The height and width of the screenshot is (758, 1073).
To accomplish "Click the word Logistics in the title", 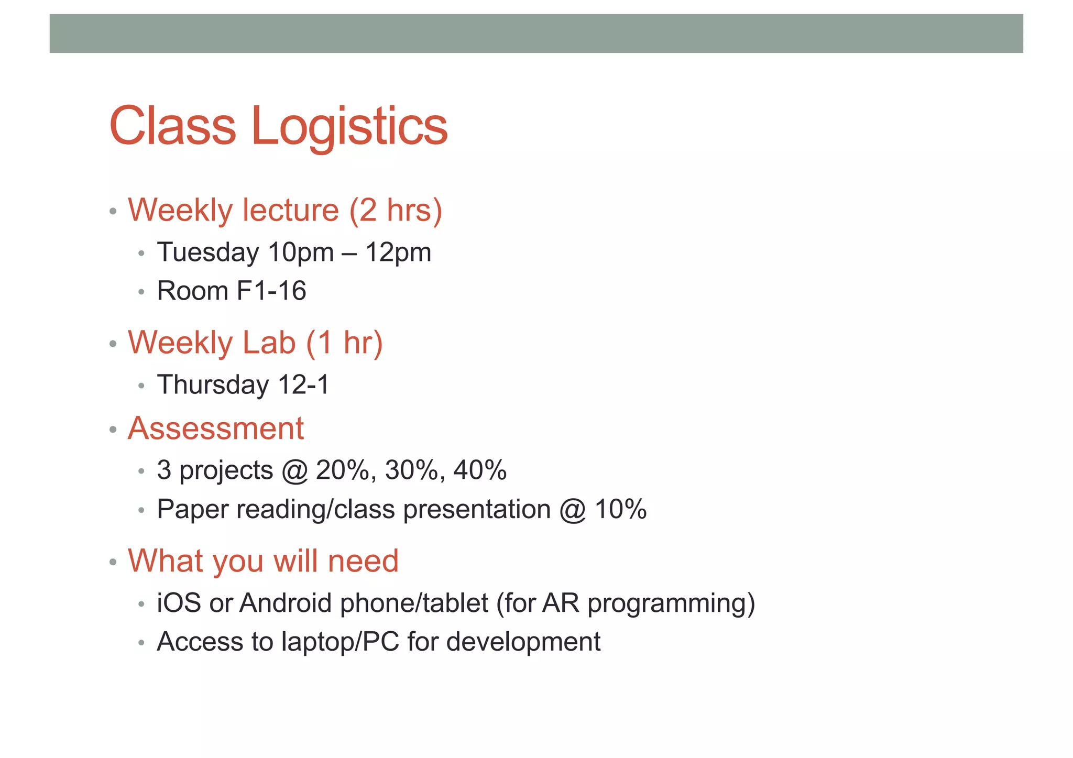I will coord(349,127).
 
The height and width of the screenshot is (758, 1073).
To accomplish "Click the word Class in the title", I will coord(172,126).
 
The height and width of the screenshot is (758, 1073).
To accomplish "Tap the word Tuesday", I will coord(208,252).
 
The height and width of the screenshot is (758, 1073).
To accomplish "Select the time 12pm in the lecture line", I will coord(398,252).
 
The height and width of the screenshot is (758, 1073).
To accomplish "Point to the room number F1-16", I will coord(271,291).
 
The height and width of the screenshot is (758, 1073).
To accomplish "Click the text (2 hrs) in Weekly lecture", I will coord(396,211).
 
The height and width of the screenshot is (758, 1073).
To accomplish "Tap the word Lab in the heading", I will coord(269,343).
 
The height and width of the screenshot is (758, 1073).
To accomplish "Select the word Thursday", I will coord(213,385).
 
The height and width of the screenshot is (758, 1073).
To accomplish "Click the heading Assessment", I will coord(215,429).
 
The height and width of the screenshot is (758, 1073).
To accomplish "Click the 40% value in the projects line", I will coord(480,470).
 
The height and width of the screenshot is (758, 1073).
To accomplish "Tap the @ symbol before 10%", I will coord(572,510).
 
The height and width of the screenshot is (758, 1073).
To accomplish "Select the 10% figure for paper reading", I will coord(621,509).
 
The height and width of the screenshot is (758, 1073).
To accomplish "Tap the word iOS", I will coord(179,603).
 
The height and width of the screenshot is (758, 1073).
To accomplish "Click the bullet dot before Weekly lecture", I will coord(113,212).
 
